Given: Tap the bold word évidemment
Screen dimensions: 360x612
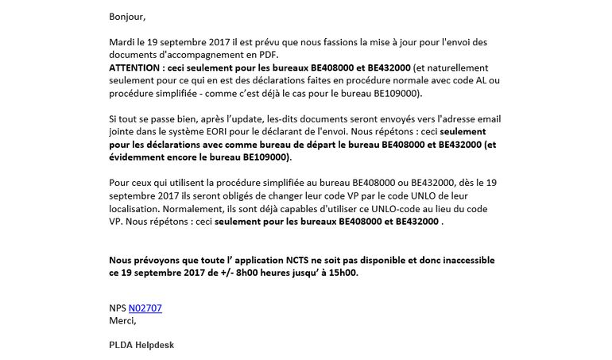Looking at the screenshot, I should coord(140,157).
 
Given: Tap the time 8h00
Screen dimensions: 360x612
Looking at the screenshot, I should coord(245,273).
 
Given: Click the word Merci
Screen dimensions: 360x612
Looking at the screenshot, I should coord(122,321).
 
